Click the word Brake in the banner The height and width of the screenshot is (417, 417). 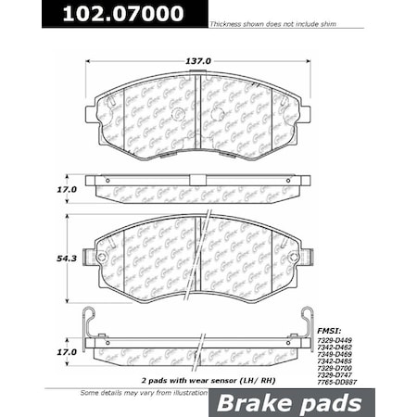pos(249,403)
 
